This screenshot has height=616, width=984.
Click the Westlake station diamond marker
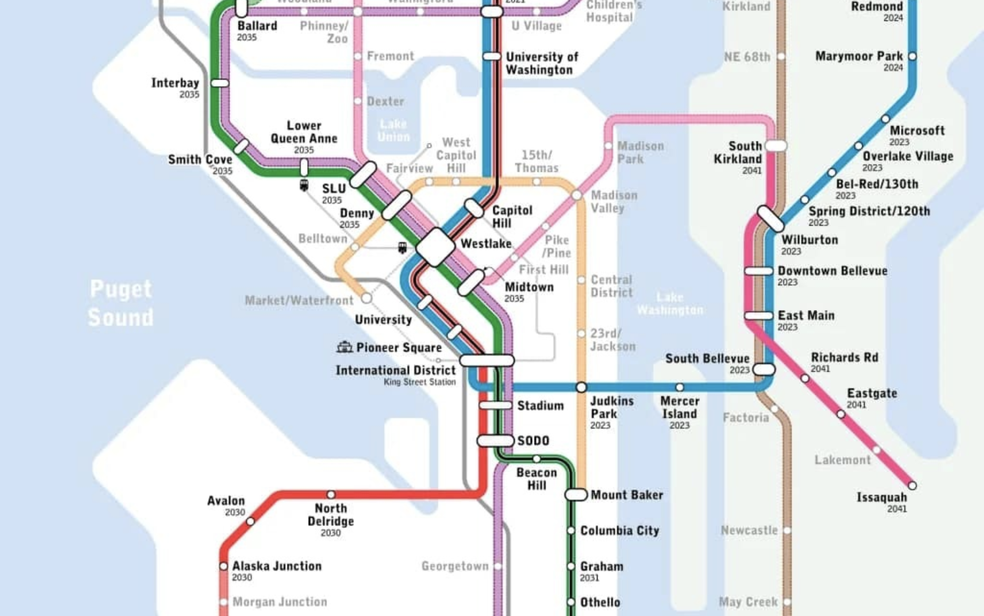(x=435, y=247)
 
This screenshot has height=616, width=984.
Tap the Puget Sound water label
(x=121, y=303)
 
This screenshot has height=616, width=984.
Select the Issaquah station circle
(x=912, y=485)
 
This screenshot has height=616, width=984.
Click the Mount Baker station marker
(x=576, y=494)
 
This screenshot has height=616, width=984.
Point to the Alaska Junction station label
(x=277, y=566)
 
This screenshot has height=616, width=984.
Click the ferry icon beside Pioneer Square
(x=344, y=347)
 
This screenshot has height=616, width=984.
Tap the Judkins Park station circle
(x=581, y=387)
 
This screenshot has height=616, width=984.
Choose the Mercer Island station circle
(x=679, y=387)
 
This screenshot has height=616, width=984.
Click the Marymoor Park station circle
(x=912, y=56)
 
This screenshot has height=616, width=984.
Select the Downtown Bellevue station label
(x=832, y=271)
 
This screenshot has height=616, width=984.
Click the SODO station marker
(x=495, y=440)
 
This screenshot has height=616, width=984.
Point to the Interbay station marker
(x=220, y=83)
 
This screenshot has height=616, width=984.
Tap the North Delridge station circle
(x=331, y=494)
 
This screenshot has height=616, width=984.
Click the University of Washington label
(x=541, y=63)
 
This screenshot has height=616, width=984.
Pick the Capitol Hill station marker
(x=474, y=208)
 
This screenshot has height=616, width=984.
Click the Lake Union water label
(x=394, y=130)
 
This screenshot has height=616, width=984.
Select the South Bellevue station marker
(x=763, y=370)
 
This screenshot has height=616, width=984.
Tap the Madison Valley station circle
(x=577, y=195)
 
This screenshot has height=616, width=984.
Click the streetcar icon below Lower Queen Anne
(x=304, y=185)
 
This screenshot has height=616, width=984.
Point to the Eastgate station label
(x=872, y=393)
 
